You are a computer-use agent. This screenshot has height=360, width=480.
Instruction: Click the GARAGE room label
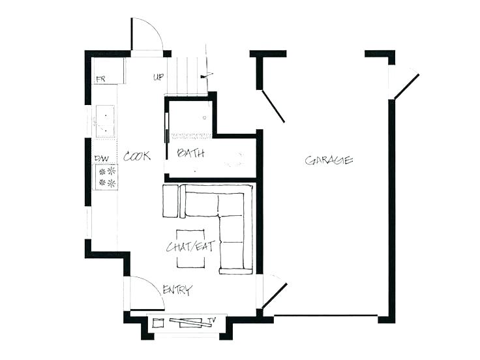click(x=329, y=160)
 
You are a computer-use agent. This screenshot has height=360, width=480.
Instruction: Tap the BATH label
click(x=190, y=153)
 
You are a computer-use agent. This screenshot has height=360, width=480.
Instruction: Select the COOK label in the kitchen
click(x=137, y=156)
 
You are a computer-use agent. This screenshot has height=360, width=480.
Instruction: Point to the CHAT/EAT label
click(x=190, y=247)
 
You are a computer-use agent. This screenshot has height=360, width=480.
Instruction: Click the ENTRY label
click(x=177, y=290)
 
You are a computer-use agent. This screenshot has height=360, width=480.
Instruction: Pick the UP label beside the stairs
click(x=158, y=77)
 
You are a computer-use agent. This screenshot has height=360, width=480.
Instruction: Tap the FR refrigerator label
click(x=101, y=80)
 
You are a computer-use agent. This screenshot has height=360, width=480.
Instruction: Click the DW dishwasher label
click(x=101, y=158)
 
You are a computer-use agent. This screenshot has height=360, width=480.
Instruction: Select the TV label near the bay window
click(x=211, y=320)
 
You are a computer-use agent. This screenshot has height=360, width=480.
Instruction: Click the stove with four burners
click(x=106, y=177)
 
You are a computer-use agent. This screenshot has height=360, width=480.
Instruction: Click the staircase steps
click(x=187, y=75)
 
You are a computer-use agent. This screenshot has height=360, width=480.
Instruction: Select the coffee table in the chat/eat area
click(x=190, y=248)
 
